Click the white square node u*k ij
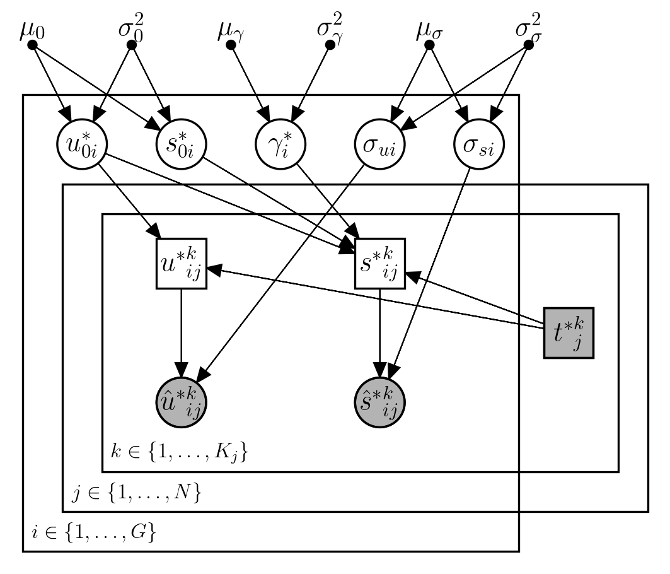tap(182, 264)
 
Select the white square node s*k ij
tap(380, 264)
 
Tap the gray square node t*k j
tap(569, 332)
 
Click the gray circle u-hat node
tap(182, 401)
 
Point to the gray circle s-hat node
tap(380, 401)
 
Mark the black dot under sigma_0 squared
tap(132, 45)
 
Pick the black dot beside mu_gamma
tap(231, 45)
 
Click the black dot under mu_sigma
tap(430, 45)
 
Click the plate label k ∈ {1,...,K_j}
tap(174, 452)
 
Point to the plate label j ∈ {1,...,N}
tap(136, 493)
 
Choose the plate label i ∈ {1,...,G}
tap(93, 534)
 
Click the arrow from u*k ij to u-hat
tap(182, 331)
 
